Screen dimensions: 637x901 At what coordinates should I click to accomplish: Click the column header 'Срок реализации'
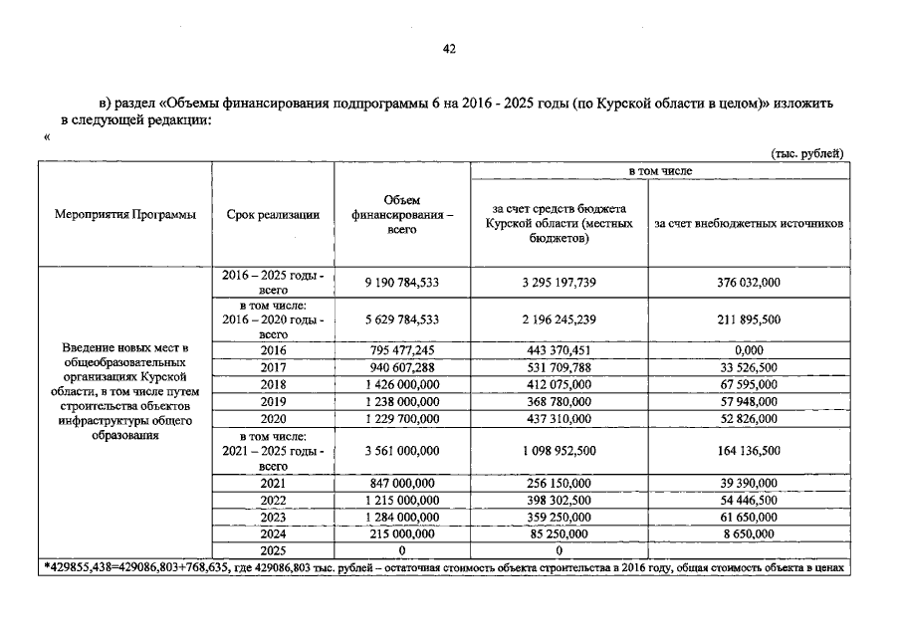pyautogui.click(x=273, y=215)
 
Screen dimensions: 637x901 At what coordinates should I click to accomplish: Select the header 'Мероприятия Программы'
pyautogui.click(x=125, y=215)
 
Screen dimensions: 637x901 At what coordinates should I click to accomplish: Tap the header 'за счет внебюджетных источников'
pyautogui.click(x=749, y=224)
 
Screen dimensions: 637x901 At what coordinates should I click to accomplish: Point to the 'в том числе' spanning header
pyautogui.click(x=658, y=171)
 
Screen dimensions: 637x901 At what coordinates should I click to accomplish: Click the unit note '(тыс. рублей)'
pyautogui.click(x=807, y=153)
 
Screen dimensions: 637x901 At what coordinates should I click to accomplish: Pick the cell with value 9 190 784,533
pyautogui.click(x=402, y=283)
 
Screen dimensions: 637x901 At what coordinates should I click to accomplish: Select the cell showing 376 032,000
pyautogui.click(x=748, y=283)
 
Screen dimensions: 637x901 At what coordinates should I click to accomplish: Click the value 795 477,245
pyautogui.click(x=402, y=350)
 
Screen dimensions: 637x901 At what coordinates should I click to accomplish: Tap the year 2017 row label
pyautogui.click(x=273, y=367)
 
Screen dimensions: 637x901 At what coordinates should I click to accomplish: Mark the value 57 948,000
pyautogui.click(x=748, y=401)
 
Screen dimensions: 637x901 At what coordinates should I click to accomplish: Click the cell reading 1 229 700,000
pyautogui.click(x=402, y=418)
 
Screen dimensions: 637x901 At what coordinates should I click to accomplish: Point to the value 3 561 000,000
pyautogui.click(x=402, y=451)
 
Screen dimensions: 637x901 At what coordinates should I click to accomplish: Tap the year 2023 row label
pyautogui.click(x=273, y=518)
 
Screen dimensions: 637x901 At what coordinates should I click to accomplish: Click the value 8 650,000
pyautogui.click(x=748, y=534)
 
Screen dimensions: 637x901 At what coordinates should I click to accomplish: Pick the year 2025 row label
pyautogui.click(x=273, y=550)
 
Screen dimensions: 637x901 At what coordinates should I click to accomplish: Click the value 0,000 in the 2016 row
pyautogui.click(x=748, y=350)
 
